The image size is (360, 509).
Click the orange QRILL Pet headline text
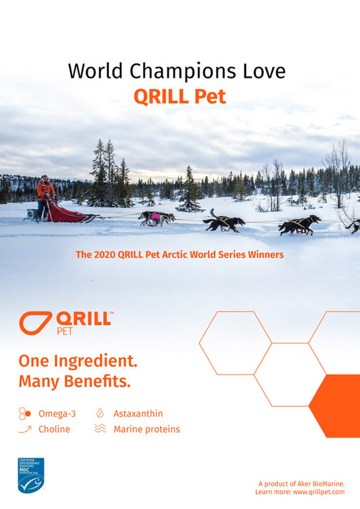tap(180, 96)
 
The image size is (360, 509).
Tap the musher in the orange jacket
tap(45, 190)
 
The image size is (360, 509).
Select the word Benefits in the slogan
tap(95, 381)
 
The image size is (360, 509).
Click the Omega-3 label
tap(56, 413)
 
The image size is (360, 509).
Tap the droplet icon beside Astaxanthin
tap(100, 413)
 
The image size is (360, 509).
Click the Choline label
tap(53, 429)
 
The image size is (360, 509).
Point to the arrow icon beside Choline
tap(25, 429)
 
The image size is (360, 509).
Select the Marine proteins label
tap(146, 429)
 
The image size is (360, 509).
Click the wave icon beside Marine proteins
tap(100, 429)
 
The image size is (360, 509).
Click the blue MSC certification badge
tap(31, 475)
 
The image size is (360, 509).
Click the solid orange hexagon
tap(335, 406)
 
